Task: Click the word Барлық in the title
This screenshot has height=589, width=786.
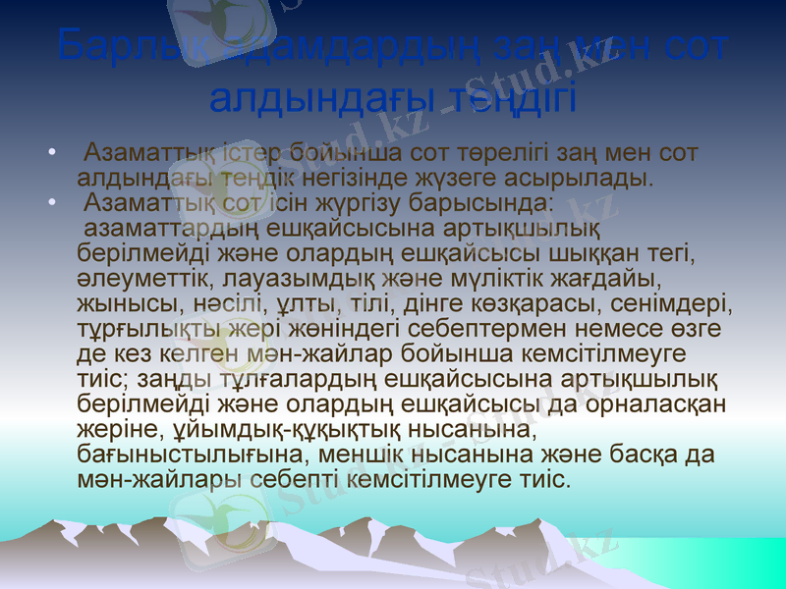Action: click(115, 47)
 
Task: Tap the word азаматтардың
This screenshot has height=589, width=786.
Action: click(173, 231)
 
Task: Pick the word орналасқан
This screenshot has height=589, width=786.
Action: click(647, 404)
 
